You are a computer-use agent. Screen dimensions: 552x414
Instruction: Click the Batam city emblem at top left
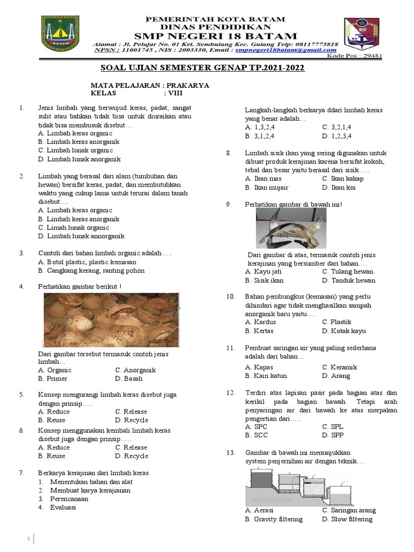click(x=60, y=34)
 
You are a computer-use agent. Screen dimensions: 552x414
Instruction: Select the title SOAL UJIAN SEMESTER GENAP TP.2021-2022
click(x=203, y=68)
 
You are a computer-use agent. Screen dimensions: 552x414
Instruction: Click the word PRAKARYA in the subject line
click(x=188, y=85)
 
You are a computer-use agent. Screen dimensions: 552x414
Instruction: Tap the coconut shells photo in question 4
click(x=111, y=320)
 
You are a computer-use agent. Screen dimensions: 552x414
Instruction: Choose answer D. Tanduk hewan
click(x=348, y=280)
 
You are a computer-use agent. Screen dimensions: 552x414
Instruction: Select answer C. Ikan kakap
click(x=342, y=178)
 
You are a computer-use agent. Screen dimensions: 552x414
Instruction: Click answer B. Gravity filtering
click(x=273, y=519)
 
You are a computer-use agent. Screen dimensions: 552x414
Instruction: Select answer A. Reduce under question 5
click(x=54, y=411)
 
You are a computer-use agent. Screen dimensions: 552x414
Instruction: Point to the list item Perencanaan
click(x=70, y=499)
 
